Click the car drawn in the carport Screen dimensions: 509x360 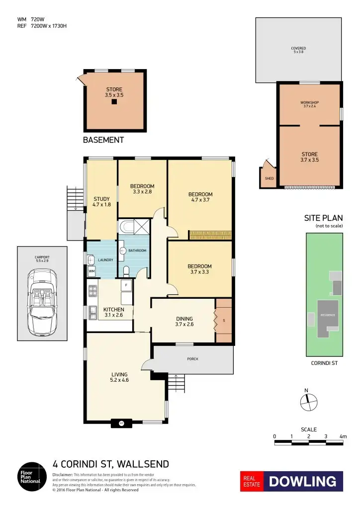pyautogui.click(x=42, y=302)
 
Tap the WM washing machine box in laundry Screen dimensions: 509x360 pyautogui.click(x=91, y=271)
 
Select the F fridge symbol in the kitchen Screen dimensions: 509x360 pyautogui.click(x=126, y=286)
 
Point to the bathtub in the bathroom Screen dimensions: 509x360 pyautogui.click(x=127, y=227)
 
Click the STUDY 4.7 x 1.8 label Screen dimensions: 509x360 pyautogui.click(x=101, y=202)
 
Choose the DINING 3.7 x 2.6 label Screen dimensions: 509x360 pyautogui.click(x=184, y=322)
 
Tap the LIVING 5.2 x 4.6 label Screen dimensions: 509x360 pyautogui.click(x=119, y=377)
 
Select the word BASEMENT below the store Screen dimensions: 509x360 pyautogui.click(x=103, y=141)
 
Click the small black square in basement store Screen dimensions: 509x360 pyautogui.click(x=114, y=102)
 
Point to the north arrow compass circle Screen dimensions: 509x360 pyautogui.click(x=308, y=402)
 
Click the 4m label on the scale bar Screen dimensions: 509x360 pyautogui.click(x=342, y=436)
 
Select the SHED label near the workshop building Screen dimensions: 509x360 pyautogui.click(x=269, y=178)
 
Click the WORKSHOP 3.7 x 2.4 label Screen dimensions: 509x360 pyautogui.click(x=309, y=104)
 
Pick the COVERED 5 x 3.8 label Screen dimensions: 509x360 pyautogui.click(x=298, y=50)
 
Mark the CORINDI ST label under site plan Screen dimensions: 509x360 pyautogui.click(x=324, y=363)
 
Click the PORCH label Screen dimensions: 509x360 pyautogui.click(x=192, y=358)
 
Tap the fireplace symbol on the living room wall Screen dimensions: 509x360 pyautogui.click(x=121, y=424)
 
